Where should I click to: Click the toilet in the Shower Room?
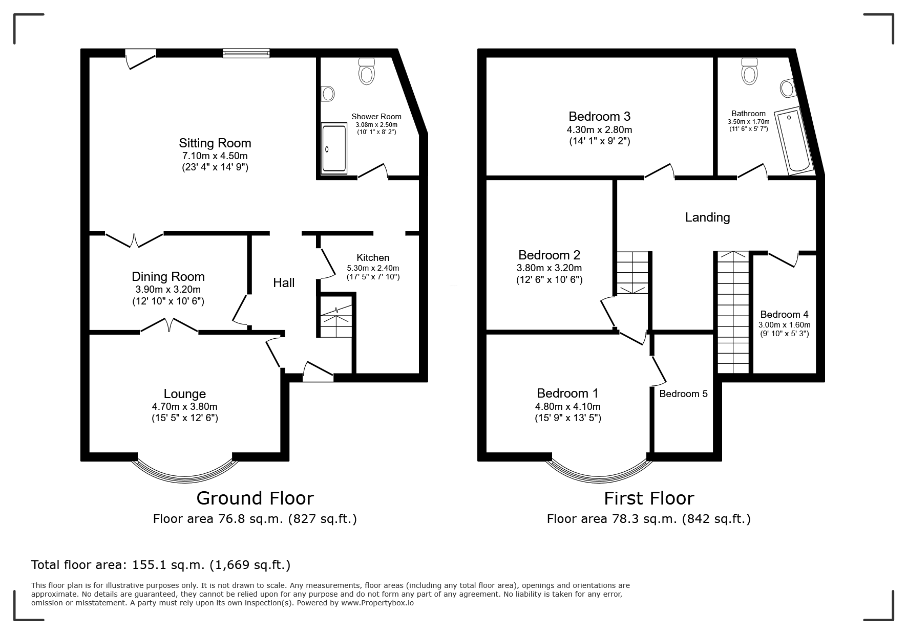tap(367, 71)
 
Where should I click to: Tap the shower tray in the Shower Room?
tap(334, 148)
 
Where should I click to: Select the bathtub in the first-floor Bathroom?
tap(793, 140)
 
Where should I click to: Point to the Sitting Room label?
tap(215, 143)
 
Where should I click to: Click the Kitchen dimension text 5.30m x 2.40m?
tap(373, 268)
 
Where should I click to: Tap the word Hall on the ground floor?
tap(284, 282)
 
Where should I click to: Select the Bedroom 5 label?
tap(683, 393)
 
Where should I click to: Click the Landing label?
tap(707, 217)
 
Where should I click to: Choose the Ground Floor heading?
tap(255, 498)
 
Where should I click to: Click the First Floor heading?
tap(649, 498)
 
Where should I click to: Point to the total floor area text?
tap(161, 565)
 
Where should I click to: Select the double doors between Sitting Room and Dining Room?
tap(134, 240)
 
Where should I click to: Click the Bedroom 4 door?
tap(784, 259)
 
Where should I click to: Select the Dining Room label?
tap(168, 276)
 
